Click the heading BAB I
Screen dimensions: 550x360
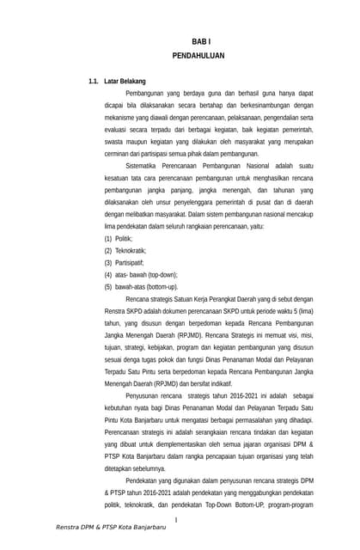click(x=200, y=41)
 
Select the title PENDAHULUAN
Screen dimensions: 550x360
click(x=198, y=55)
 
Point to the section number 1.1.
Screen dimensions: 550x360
click(x=95, y=81)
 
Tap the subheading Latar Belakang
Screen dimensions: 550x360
click(x=125, y=81)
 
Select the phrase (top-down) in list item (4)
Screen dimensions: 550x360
click(x=159, y=274)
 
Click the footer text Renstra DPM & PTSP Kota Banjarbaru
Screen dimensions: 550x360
click(x=111, y=526)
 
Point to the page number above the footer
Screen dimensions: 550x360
click(x=175, y=520)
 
